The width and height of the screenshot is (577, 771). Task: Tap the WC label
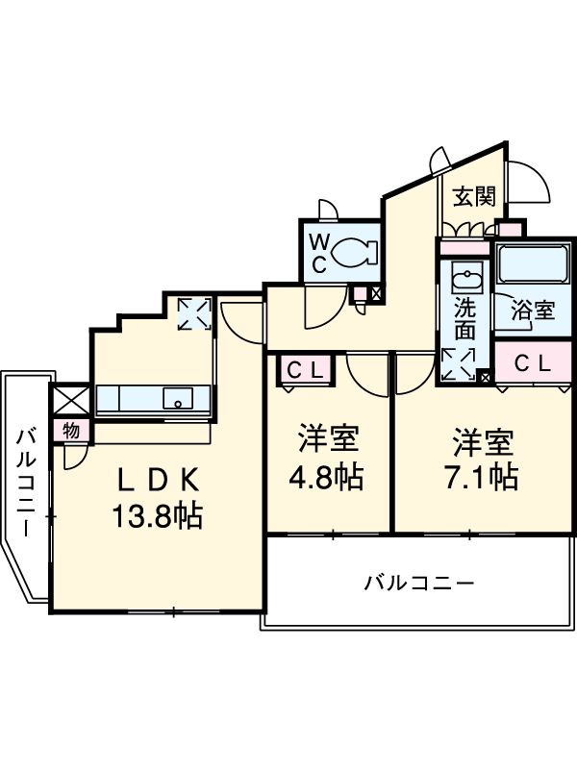[x=318, y=253]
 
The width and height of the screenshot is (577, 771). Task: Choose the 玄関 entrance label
[x=474, y=197]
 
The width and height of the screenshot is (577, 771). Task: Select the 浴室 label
[x=532, y=311]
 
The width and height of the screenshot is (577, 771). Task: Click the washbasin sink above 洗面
[x=467, y=281]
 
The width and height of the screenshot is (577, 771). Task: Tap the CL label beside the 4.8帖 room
[x=304, y=368]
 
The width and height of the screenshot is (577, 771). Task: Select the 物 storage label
[x=70, y=430]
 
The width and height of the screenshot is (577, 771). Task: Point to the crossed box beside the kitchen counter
[x=69, y=399]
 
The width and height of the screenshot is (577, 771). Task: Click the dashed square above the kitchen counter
[x=194, y=313]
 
